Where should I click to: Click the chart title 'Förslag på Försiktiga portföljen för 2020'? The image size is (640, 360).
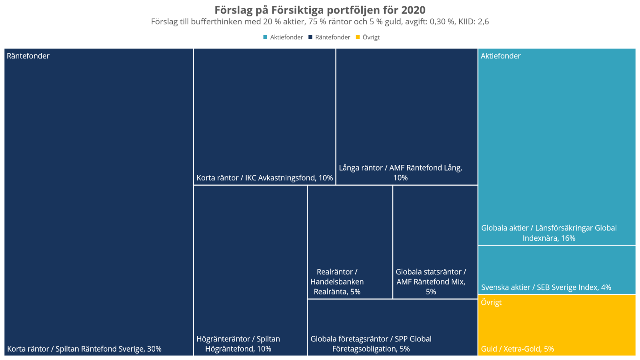pyautogui.click(x=320, y=10)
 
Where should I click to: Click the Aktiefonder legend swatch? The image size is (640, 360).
pyautogui.click(x=265, y=37)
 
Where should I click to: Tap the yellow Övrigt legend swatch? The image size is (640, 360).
pyautogui.click(x=358, y=37)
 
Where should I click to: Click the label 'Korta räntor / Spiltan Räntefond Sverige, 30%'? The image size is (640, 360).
pyautogui.click(x=84, y=349)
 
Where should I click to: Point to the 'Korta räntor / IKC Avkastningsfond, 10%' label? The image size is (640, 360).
pyautogui.click(x=264, y=178)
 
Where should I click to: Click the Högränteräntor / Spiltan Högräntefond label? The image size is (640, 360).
pyautogui.click(x=238, y=344)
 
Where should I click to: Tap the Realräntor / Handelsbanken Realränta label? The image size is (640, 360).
pyautogui.click(x=337, y=282)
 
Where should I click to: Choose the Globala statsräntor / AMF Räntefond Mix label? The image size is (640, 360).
pyautogui.click(x=431, y=282)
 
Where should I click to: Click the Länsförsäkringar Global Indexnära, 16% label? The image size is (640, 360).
pyautogui.click(x=549, y=233)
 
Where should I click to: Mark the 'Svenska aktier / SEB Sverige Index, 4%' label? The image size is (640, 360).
pyautogui.click(x=546, y=287)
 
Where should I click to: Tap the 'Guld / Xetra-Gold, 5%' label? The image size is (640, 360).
pyautogui.click(x=517, y=349)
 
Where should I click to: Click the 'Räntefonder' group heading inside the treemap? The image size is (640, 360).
pyautogui.click(x=28, y=56)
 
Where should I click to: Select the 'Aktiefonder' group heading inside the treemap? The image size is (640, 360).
pyautogui.click(x=500, y=56)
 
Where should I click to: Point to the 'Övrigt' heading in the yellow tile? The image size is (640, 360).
pyautogui.click(x=491, y=302)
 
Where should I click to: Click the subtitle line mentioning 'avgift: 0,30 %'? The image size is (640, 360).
pyautogui.click(x=320, y=22)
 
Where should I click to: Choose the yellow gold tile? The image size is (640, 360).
pyautogui.click(x=557, y=324)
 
